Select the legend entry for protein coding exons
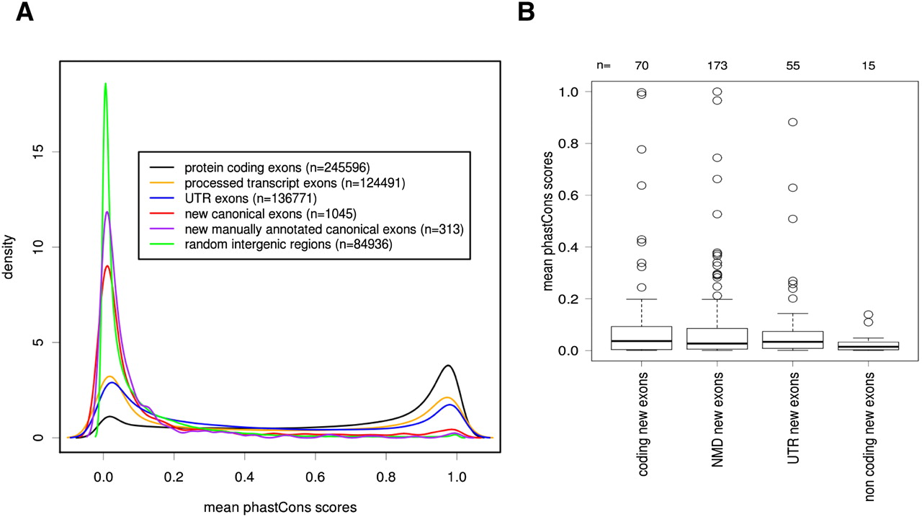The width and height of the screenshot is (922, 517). [x=277, y=167]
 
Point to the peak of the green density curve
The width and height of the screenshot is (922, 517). [x=105, y=84]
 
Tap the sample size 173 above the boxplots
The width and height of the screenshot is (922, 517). [x=717, y=66]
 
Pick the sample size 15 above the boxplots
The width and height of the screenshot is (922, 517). [x=869, y=66]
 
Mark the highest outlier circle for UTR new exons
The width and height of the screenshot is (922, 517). [x=792, y=122]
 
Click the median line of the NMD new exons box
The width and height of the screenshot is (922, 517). [x=717, y=344]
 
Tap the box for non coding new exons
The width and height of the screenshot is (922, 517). [x=869, y=345]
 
